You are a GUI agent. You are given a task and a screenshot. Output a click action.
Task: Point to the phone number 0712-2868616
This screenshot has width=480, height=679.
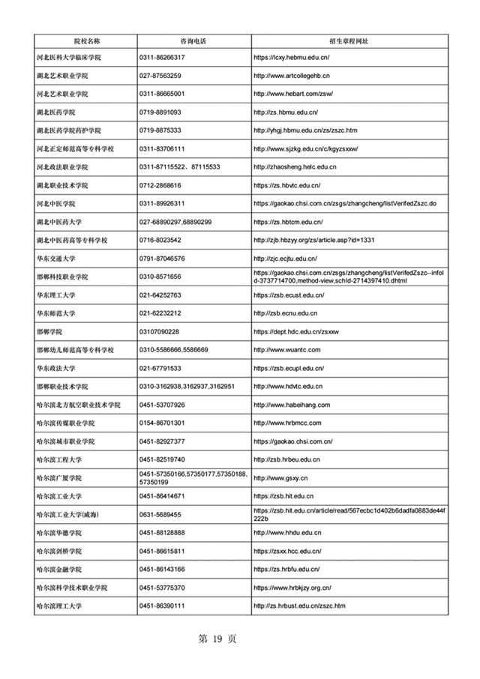(x=160, y=185)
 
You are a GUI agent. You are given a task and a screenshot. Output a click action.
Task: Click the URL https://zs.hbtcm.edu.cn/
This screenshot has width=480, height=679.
(x=288, y=222)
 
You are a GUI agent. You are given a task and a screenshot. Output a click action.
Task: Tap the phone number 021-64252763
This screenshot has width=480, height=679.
(x=160, y=295)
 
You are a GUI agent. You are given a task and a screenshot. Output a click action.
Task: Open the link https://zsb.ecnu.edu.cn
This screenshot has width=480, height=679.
(x=285, y=313)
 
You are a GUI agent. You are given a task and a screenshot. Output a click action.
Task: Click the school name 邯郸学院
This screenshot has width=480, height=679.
(x=49, y=331)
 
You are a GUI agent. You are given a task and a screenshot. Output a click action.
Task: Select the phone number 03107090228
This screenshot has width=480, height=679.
(x=159, y=331)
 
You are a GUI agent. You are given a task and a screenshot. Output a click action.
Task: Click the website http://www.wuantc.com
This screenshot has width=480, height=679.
(x=287, y=350)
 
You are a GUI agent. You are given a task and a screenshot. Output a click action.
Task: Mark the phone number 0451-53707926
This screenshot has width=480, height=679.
(x=162, y=405)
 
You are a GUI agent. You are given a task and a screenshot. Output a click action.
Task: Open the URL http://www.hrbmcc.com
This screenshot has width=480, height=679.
(x=286, y=423)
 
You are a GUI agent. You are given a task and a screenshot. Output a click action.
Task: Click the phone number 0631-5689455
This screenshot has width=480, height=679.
(x=160, y=514)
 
